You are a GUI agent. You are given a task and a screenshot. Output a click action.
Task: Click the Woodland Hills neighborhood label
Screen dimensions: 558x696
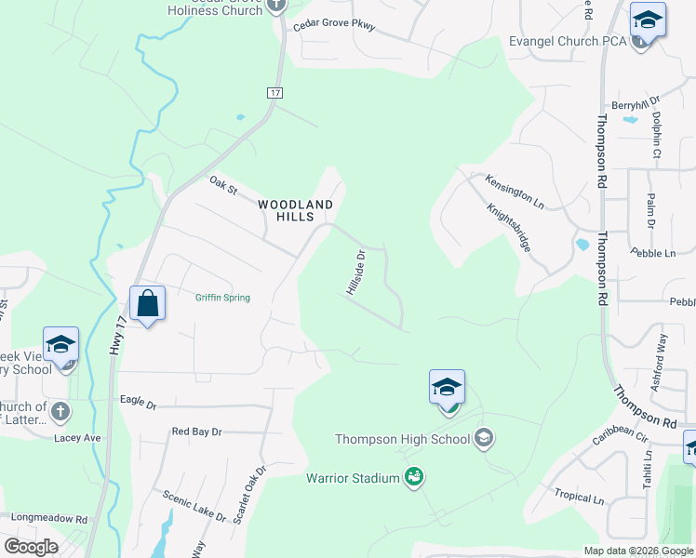295,210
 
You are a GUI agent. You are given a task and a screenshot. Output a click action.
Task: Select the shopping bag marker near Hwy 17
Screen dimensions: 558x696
147,303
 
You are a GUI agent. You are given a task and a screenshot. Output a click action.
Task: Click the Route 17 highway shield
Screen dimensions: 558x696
274,94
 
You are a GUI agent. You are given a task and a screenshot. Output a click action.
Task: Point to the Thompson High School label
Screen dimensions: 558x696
403,439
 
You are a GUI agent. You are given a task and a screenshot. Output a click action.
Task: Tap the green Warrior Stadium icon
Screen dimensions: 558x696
415,478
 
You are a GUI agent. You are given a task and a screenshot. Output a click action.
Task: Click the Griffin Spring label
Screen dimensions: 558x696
222,298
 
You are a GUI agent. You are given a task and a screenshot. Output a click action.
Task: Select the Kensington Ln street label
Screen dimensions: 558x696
514,189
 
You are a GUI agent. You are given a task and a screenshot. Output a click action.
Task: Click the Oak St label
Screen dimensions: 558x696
223,185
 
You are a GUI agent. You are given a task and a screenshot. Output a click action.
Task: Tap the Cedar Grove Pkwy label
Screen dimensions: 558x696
334,26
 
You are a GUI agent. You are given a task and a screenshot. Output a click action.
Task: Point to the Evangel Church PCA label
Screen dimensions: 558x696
567,41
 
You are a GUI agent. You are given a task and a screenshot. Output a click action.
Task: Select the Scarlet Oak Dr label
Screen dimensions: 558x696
250,496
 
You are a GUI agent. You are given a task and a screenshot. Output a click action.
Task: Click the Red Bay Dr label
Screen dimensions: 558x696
197,432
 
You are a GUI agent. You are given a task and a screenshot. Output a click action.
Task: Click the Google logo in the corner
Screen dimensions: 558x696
31,547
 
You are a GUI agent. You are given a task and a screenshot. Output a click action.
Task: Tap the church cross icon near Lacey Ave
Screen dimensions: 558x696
60,409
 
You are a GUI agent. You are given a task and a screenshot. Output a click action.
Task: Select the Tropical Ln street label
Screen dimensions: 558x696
579,498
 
